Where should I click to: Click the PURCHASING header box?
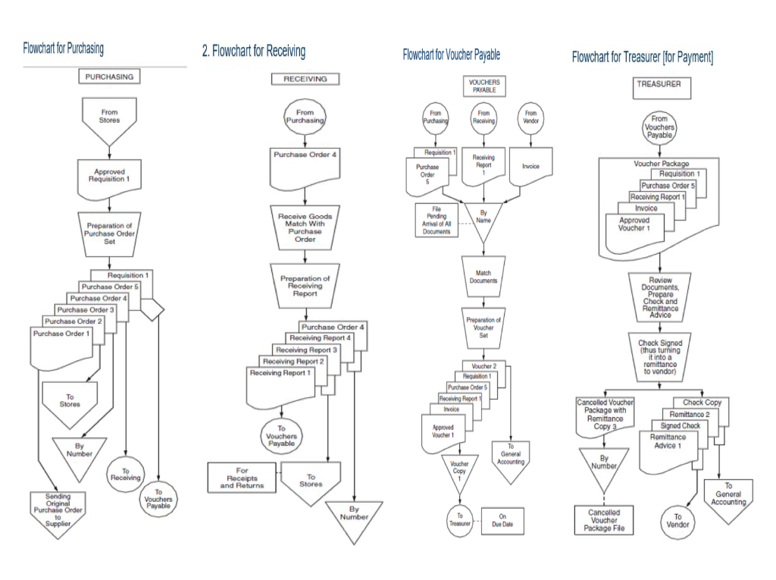109,77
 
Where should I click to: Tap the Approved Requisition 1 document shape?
109,177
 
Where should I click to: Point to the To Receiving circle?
126,474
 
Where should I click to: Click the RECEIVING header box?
305,79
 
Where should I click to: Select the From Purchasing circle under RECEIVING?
305,117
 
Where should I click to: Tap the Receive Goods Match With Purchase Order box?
305,227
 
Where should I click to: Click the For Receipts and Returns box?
242,478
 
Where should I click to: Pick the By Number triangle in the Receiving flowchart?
353,517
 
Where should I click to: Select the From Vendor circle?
530,118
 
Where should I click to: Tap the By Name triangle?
483,219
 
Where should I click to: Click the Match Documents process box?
483,277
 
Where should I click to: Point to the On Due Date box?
502,521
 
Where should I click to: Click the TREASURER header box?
659,85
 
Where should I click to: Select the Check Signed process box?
659,356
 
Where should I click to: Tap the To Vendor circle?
678,521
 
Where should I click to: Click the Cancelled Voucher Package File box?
604,521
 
